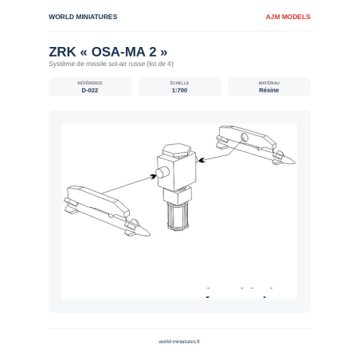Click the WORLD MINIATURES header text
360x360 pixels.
tap(83, 17)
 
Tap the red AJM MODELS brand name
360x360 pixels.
tap(288, 17)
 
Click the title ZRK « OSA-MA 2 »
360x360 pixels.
tap(108, 52)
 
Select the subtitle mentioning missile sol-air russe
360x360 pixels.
tap(111, 64)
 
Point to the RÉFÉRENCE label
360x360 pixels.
tap(90, 83)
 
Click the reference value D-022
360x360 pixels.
tap(90, 90)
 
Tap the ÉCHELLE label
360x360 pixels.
tap(179, 83)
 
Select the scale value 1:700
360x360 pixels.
tap(179, 90)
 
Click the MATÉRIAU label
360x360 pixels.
tap(269, 83)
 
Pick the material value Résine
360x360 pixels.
tap(269, 90)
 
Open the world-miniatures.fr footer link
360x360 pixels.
tap(179, 342)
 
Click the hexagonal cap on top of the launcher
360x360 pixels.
tap(177, 150)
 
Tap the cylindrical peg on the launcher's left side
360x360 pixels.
tap(162, 173)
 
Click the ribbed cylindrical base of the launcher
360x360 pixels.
tap(178, 217)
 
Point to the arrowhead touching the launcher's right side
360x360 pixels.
tap(202, 160)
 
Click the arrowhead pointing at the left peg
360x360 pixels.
tap(153, 177)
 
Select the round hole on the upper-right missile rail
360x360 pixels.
tap(245, 138)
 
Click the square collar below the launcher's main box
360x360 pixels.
tap(178, 195)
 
